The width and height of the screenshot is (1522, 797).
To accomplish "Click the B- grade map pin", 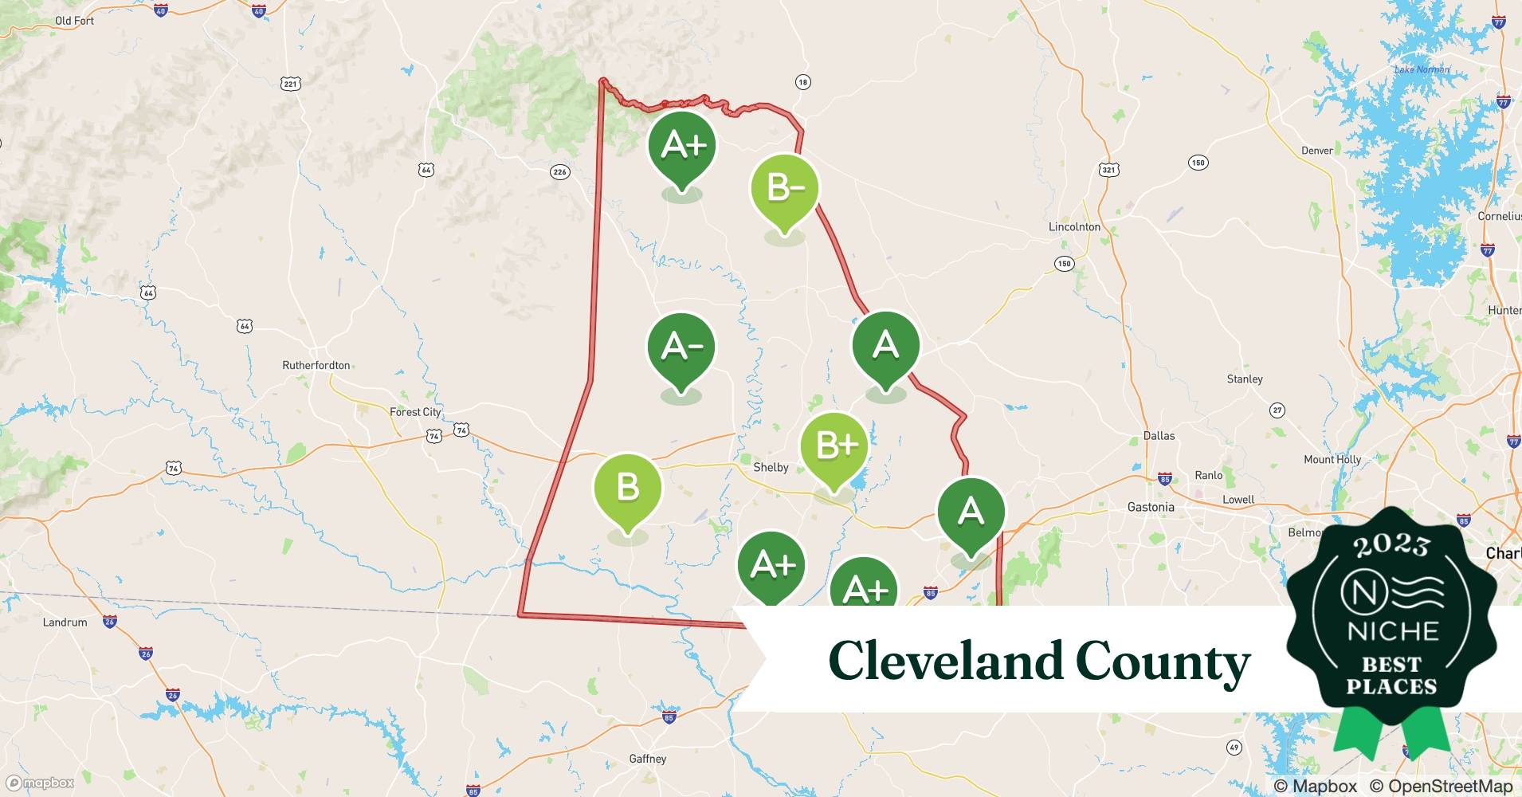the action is point(785,189).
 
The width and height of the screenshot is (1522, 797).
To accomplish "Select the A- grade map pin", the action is point(681,347).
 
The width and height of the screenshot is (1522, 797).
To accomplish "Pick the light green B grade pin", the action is point(628,487).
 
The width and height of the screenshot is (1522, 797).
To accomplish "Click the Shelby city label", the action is point(771,468).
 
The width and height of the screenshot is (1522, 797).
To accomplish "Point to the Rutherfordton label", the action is point(316,365).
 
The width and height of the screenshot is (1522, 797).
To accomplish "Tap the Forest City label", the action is point(414,412).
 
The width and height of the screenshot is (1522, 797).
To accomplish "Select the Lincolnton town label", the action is point(1074,227).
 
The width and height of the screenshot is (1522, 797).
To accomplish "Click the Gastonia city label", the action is point(1151,507).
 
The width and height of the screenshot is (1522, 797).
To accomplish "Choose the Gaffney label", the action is point(647,759).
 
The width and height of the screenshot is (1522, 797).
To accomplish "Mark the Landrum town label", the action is point(65,622).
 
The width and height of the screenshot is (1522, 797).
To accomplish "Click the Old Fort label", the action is point(74,21).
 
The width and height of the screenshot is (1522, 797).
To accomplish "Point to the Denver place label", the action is point(1316,151).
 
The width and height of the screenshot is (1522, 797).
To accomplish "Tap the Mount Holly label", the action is point(1332,460).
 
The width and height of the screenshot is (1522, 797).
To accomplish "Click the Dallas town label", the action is point(1159,436).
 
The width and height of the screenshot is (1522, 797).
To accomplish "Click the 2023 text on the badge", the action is point(1391,546).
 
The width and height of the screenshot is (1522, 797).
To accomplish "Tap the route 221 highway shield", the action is point(290,84).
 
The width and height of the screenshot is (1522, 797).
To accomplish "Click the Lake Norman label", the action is point(1422,70).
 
